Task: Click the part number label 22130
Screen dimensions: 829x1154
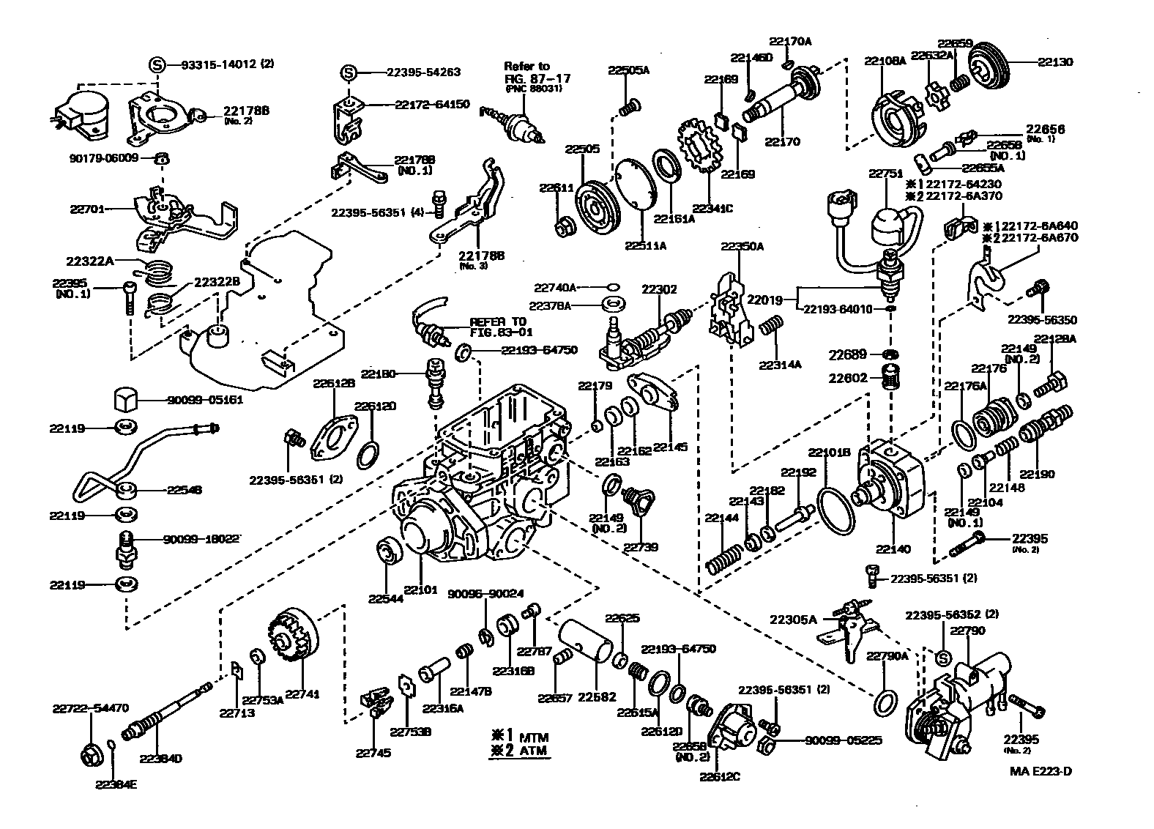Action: (x=1055, y=62)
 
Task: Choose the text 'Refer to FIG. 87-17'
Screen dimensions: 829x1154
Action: (x=537, y=72)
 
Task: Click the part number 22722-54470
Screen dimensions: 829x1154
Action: (x=91, y=708)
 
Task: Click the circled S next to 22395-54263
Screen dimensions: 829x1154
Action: (x=349, y=73)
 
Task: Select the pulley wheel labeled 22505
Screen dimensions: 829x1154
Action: (x=598, y=207)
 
